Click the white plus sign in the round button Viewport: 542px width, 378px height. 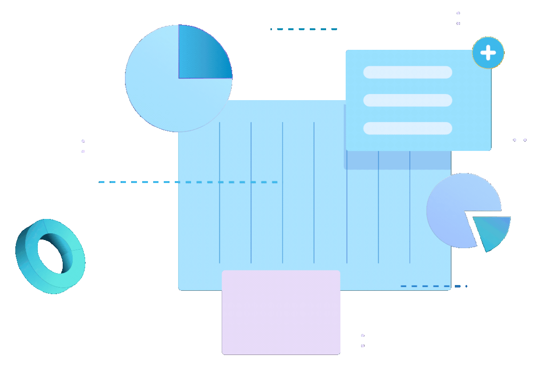click(x=488, y=53)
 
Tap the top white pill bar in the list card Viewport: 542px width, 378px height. click(x=407, y=72)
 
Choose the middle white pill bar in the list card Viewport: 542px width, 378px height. click(x=407, y=100)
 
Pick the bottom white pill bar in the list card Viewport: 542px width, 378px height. click(x=407, y=128)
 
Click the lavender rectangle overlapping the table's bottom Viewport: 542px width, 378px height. click(x=281, y=312)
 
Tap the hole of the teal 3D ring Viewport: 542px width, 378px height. click(x=55, y=253)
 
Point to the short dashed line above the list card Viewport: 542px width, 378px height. click(x=305, y=29)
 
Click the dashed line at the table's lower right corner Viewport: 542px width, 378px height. click(x=433, y=286)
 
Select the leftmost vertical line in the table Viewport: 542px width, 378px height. click(x=220, y=192)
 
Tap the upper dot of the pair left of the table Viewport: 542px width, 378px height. click(x=83, y=141)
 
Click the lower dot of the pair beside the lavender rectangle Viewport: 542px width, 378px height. click(x=362, y=345)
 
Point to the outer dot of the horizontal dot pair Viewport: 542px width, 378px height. click(x=525, y=140)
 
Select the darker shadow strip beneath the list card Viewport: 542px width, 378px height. click(x=397, y=160)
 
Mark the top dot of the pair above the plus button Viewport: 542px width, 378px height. click(x=458, y=13)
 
